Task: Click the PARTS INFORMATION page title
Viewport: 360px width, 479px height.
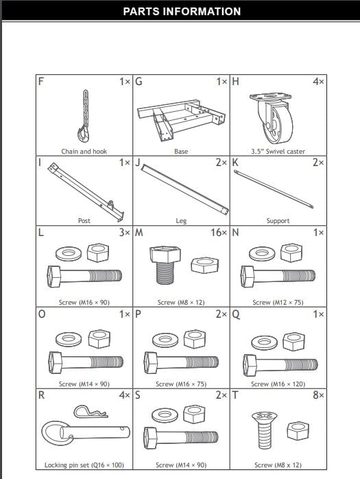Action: (182, 12)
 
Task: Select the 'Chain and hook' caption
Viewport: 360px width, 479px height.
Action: (84, 151)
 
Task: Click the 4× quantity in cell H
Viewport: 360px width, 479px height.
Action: (318, 81)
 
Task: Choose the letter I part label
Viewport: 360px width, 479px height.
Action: (40, 163)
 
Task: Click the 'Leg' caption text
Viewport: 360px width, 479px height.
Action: (181, 221)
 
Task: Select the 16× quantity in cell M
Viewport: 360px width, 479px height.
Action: (219, 233)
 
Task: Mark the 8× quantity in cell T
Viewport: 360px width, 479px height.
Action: (318, 396)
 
